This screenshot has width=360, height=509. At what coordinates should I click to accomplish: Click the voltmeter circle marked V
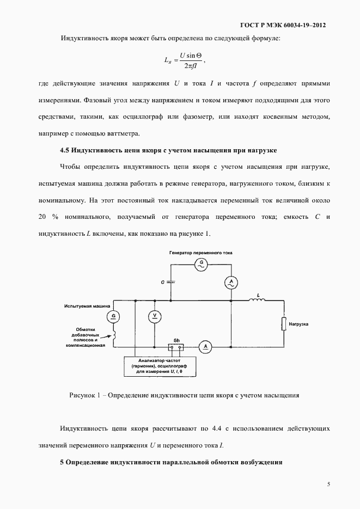(x=155, y=315)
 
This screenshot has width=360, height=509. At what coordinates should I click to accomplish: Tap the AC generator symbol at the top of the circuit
(x=202, y=263)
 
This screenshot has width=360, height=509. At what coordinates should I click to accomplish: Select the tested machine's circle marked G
(x=114, y=316)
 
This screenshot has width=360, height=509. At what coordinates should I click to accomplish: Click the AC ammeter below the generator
(x=231, y=281)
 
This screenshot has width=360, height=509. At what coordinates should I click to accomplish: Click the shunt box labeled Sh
(x=176, y=346)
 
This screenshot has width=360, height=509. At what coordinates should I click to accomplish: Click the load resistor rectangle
(x=283, y=323)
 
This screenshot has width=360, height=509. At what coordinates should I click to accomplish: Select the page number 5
(x=328, y=483)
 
